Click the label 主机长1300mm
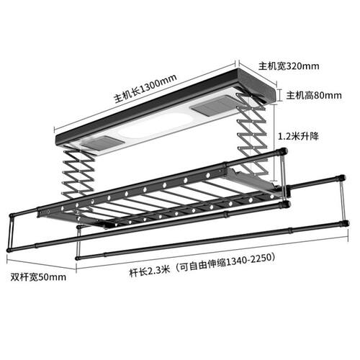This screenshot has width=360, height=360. click(x=145, y=89)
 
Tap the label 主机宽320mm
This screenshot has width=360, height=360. click(x=289, y=66)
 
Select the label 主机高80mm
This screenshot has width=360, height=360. click(x=314, y=96)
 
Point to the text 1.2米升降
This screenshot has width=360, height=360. click(x=298, y=136)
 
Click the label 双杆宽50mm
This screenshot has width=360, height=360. click(x=38, y=277)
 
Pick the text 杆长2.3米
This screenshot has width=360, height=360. click(x=150, y=272)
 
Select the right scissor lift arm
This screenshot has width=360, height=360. click(x=252, y=135)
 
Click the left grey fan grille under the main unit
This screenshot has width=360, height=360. click(x=102, y=144)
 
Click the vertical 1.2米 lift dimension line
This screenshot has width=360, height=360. click(x=274, y=143)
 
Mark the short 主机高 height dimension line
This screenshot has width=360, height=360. click(x=279, y=95)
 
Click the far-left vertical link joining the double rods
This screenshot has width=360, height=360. click(x=11, y=232)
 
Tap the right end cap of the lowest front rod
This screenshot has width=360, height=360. click(x=346, y=223)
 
